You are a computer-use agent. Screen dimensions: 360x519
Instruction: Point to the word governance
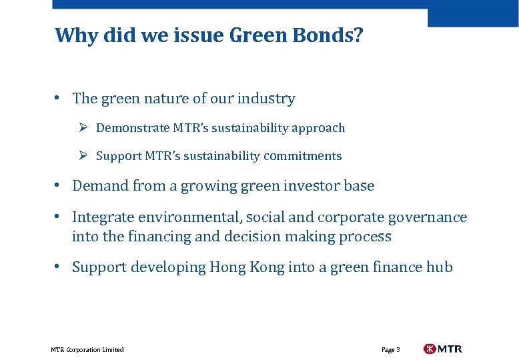pyautogui.click(x=430, y=217)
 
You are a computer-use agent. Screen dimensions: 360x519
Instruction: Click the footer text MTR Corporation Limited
pyautogui.click(x=87, y=349)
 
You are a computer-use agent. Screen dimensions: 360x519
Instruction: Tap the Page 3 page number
pyautogui.click(x=391, y=349)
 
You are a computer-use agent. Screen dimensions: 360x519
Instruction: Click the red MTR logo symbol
pyautogui.click(x=430, y=349)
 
